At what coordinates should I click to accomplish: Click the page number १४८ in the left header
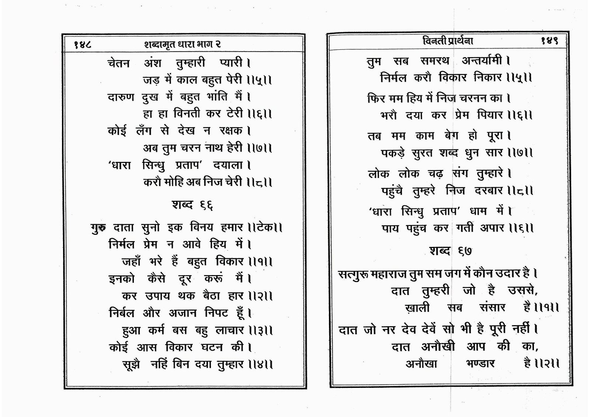click(83, 45)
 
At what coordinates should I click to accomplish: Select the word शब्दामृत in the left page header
click(162, 45)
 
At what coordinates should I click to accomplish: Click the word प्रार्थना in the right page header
click(457, 41)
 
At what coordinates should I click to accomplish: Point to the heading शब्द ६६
click(192, 205)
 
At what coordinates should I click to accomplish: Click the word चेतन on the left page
click(119, 63)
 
